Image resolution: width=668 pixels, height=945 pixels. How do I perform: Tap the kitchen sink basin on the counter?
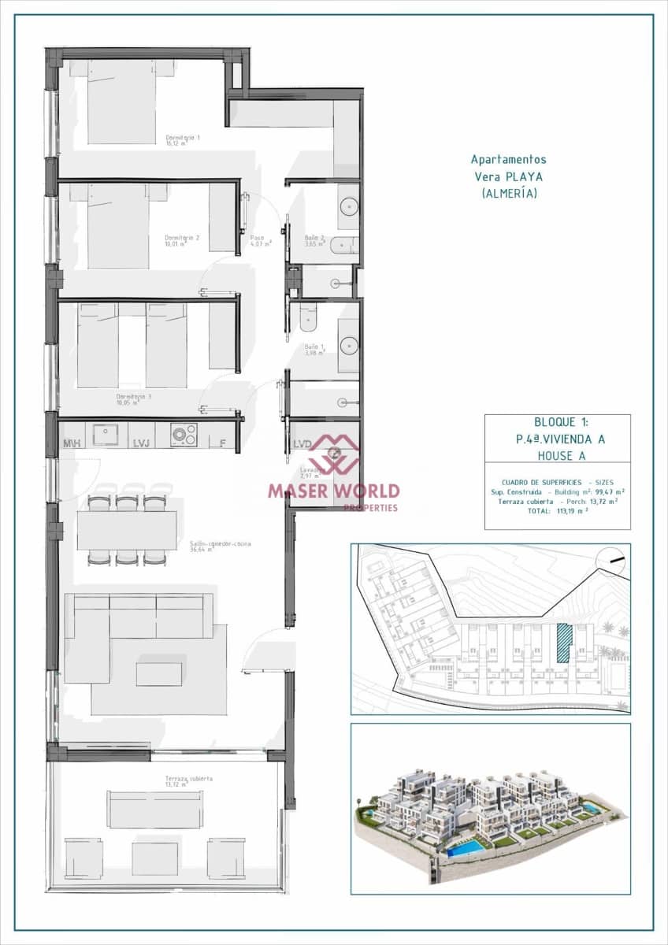coord(105,434)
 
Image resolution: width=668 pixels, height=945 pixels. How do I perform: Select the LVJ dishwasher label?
coord(143,443)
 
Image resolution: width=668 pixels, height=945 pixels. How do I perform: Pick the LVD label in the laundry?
coord(303,443)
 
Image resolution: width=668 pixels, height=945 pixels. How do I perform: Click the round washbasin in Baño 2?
coord(349,206)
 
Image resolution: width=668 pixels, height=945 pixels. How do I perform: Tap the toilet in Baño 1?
coord(308,317)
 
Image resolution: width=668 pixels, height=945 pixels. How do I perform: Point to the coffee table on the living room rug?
coord(158,674)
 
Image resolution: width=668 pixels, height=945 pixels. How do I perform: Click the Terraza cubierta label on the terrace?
coord(177,780)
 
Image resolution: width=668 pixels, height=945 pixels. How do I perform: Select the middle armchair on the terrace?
coord(154,858)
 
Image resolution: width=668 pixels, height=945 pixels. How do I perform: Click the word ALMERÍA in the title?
coord(510,193)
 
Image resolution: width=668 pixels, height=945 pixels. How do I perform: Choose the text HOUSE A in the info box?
coord(558,454)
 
